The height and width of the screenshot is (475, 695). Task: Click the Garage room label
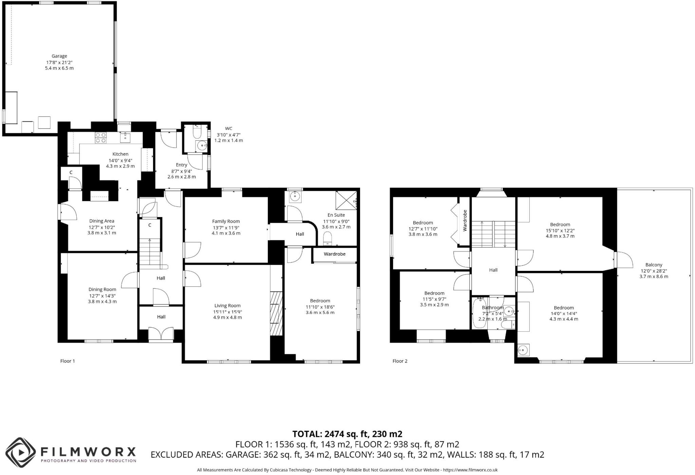pyautogui.click(x=59, y=56)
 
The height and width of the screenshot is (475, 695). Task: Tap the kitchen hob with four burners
pyautogui.click(x=101, y=137)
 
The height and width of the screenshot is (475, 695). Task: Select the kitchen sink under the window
pyautogui.click(x=125, y=137)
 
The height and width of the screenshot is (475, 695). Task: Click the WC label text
pyautogui.click(x=228, y=128)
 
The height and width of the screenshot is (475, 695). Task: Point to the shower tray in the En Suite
pyautogui.click(x=346, y=200)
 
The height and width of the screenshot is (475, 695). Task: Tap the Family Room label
pyautogui.click(x=226, y=221)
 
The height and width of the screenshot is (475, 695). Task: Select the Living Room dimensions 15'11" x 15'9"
pyautogui.click(x=227, y=312)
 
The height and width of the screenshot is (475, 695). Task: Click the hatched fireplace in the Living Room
pyautogui.click(x=276, y=314)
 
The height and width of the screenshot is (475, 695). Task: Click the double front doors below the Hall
pyautogui.click(x=161, y=334)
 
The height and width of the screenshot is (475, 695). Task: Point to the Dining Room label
pyautogui.click(x=102, y=289)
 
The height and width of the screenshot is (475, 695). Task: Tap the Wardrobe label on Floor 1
pyautogui.click(x=334, y=254)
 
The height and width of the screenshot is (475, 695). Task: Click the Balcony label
pyautogui.click(x=654, y=265)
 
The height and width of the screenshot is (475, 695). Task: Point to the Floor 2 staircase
pyautogui.click(x=493, y=234)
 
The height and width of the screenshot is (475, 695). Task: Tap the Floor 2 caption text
pyautogui.click(x=400, y=361)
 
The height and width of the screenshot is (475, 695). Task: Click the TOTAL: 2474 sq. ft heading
pyautogui.click(x=347, y=434)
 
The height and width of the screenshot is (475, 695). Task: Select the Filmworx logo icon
pyautogui.click(x=21, y=452)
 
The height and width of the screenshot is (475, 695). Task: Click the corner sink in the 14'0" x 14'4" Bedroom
pyautogui.click(x=523, y=350)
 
